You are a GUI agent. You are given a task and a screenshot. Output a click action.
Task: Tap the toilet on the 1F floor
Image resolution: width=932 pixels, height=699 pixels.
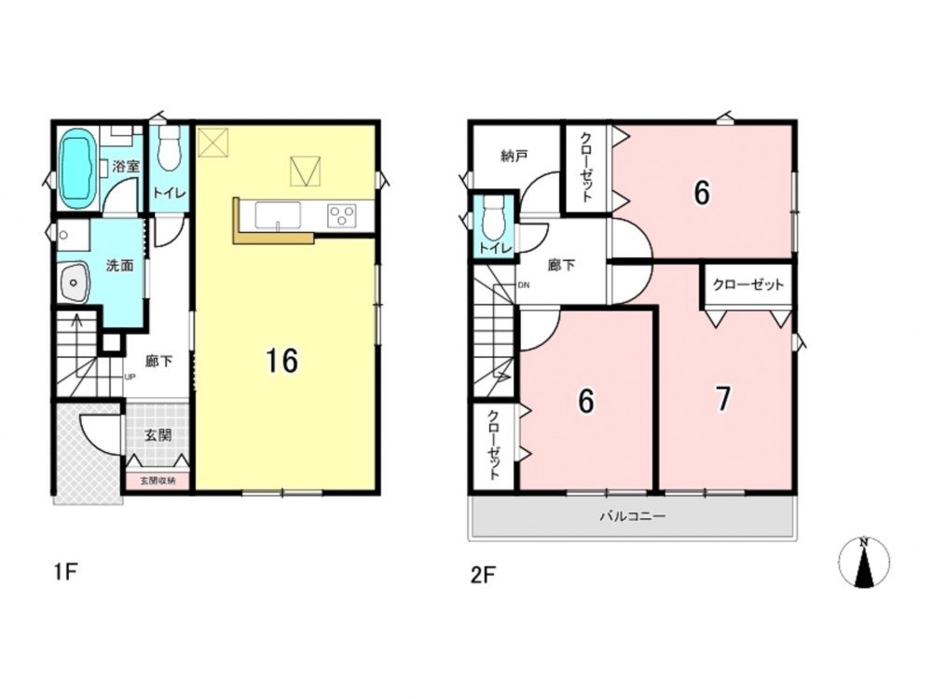pos(170,148)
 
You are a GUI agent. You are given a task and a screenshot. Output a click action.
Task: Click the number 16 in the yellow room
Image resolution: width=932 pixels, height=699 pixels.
pos(281,361)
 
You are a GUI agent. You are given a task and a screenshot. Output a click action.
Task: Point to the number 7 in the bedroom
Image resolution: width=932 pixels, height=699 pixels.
pos(723,398)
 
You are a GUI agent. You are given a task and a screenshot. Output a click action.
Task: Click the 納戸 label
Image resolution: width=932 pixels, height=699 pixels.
pos(514,156)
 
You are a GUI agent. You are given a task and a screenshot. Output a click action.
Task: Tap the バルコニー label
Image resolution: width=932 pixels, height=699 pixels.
pos(632,516)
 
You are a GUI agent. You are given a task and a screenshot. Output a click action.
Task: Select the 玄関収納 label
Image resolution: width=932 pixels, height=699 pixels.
pos(158,481)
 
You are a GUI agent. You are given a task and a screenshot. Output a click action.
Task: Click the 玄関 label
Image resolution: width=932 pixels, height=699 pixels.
pos(158,435)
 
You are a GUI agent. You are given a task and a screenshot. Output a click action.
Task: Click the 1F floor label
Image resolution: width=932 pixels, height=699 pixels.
pos(66,572)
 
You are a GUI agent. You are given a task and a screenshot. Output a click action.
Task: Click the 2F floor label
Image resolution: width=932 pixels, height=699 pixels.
pos(483,575)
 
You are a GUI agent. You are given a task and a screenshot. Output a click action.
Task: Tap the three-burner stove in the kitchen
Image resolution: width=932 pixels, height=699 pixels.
pos(342,215)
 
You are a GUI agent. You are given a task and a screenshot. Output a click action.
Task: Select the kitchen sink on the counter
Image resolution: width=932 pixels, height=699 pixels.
pos(278,214)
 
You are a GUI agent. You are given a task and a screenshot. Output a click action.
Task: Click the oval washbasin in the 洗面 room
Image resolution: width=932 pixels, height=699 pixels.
pos(74,282)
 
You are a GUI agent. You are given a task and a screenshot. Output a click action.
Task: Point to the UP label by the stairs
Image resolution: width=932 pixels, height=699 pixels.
pos(129,377)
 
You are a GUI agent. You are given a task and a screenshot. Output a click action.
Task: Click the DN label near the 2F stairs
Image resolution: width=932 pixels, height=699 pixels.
pos(524,285)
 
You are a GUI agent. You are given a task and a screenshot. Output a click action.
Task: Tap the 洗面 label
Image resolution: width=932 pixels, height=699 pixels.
pos(119,266)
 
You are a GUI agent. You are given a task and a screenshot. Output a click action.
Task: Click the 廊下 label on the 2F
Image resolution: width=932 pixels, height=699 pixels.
pos(561,265)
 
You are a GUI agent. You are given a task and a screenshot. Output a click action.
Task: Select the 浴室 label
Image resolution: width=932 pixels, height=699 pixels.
pos(126,166)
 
